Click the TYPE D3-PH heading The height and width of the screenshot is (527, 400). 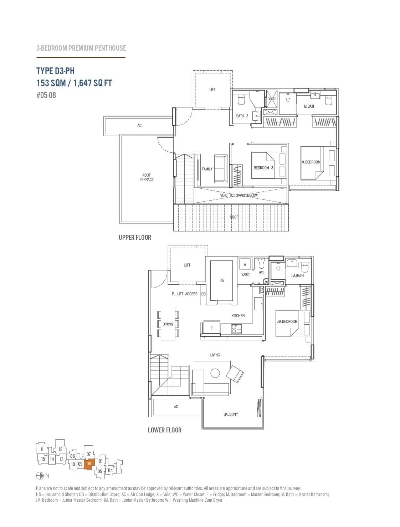coord(55,71)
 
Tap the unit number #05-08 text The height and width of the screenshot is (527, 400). coord(46,95)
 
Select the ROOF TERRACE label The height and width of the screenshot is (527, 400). coord(147,177)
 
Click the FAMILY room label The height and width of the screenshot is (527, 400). coord(207,169)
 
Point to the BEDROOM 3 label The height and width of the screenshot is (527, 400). coord(263,168)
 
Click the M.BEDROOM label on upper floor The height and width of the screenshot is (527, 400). coord(311,162)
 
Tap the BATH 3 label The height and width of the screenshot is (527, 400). coord(242,116)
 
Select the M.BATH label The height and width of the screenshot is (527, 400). coord(309,106)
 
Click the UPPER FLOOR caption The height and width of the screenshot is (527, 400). coord(135,237)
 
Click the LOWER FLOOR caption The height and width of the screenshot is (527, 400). coord(164,430)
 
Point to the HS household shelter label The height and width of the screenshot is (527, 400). coord(221,280)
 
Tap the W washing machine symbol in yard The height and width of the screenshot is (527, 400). coord(245,264)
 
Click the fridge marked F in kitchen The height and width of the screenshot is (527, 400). coord(211,328)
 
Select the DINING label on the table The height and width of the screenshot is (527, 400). coord(168,324)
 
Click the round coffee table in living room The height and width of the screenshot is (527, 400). coord(215,373)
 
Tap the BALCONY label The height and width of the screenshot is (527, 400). coord(231,414)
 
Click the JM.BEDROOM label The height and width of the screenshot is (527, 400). coord(287,321)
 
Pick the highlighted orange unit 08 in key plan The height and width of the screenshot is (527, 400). coord(89,463)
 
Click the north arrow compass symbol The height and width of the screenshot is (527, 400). coord(40,476)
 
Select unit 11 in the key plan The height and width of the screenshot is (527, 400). coord(42,449)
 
